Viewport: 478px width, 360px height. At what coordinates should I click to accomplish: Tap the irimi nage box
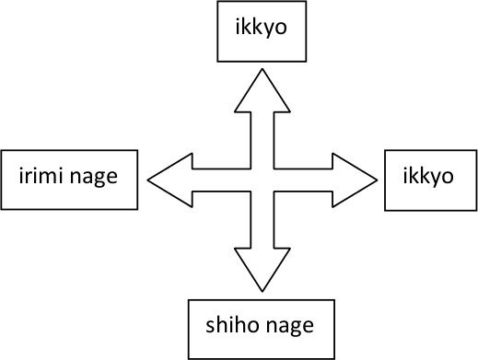click(x=70, y=176)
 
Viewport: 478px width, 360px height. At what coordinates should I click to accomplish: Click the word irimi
click(x=43, y=176)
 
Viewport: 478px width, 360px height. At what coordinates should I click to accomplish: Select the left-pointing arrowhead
click(x=169, y=175)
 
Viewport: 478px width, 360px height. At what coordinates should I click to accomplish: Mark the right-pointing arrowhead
click(x=357, y=175)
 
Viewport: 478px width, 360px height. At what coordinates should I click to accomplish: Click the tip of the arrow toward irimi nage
click(x=148, y=175)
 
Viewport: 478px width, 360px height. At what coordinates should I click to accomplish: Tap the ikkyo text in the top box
click(x=251, y=29)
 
